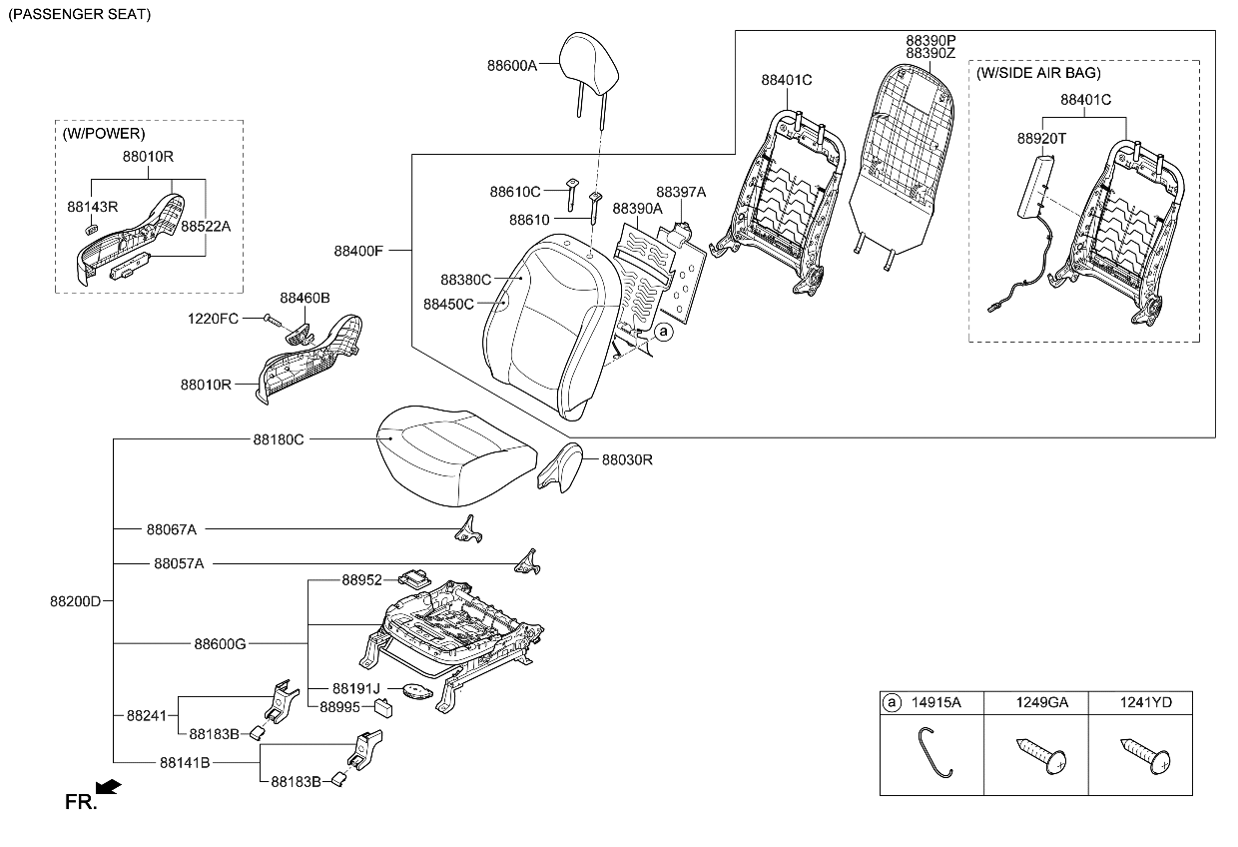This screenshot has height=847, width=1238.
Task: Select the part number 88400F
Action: tap(357, 250)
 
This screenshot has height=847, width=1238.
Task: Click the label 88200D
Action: tap(76, 601)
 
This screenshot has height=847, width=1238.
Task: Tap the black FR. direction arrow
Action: tap(110, 787)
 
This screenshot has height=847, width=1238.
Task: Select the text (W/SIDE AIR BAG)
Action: tap(1039, 73)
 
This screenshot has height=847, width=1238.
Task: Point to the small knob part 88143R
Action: tap(93, 229)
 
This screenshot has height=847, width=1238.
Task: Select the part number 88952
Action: tap(361, 579)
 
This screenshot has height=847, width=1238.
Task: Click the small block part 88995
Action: tap(383, 708)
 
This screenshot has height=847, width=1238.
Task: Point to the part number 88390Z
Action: tap(930, 53)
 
